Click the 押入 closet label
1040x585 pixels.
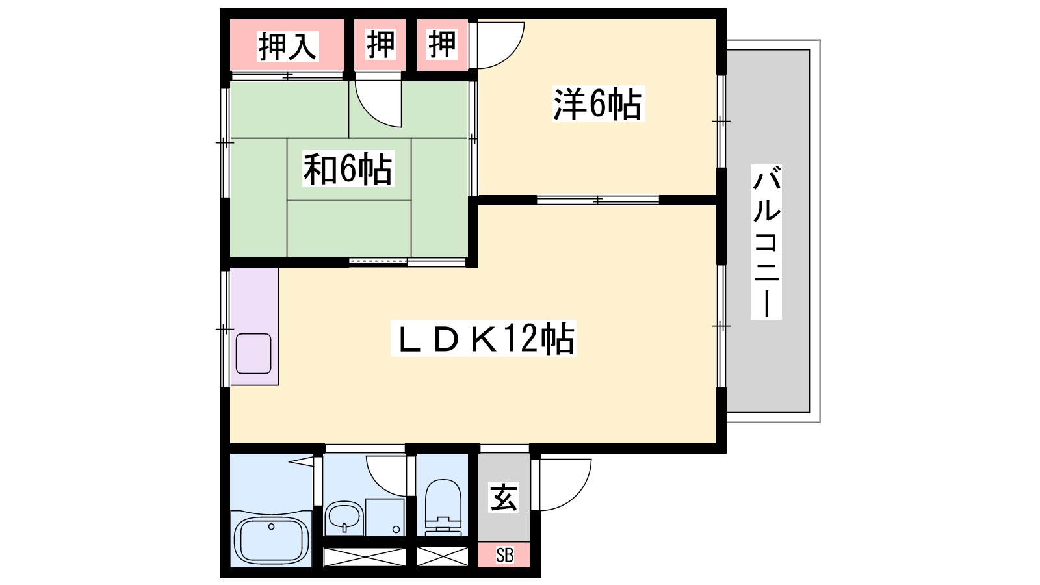pos(288,46)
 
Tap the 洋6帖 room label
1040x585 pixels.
pos(598,104)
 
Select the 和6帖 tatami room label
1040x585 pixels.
pos(348,168)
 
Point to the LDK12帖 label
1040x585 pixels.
pos(484,339)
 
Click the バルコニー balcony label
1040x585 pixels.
pos(766,242)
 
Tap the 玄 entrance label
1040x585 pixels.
pos(503,497)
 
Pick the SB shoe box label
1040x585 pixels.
pos(504,555)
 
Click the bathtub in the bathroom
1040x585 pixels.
pos(271,541)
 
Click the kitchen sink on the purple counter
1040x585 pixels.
pos(253,354)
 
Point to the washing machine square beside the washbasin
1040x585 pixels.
pos(384,517)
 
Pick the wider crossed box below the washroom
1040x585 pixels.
pos(365,557)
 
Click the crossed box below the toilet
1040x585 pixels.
pos(442,557)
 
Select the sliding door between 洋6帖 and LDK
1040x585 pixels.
pos(598,200)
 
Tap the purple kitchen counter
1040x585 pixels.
pos(254,326)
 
